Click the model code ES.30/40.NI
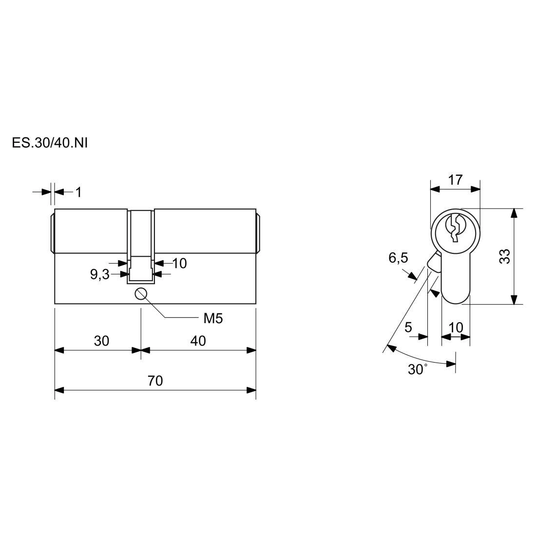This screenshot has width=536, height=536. coord(50,143)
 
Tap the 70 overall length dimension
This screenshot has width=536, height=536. coord(155,381)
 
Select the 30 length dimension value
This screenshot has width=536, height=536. coord(101,341)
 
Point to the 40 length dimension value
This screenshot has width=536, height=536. coord(198,341)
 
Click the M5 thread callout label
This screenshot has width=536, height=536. coord(213,319)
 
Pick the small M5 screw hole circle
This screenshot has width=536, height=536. coord(141,294)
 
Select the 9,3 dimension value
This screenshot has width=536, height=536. coord(99,274)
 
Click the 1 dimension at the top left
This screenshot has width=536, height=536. coord(78,192)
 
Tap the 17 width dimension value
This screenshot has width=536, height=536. coord(455,180)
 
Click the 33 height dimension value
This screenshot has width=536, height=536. coord(504,256)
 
